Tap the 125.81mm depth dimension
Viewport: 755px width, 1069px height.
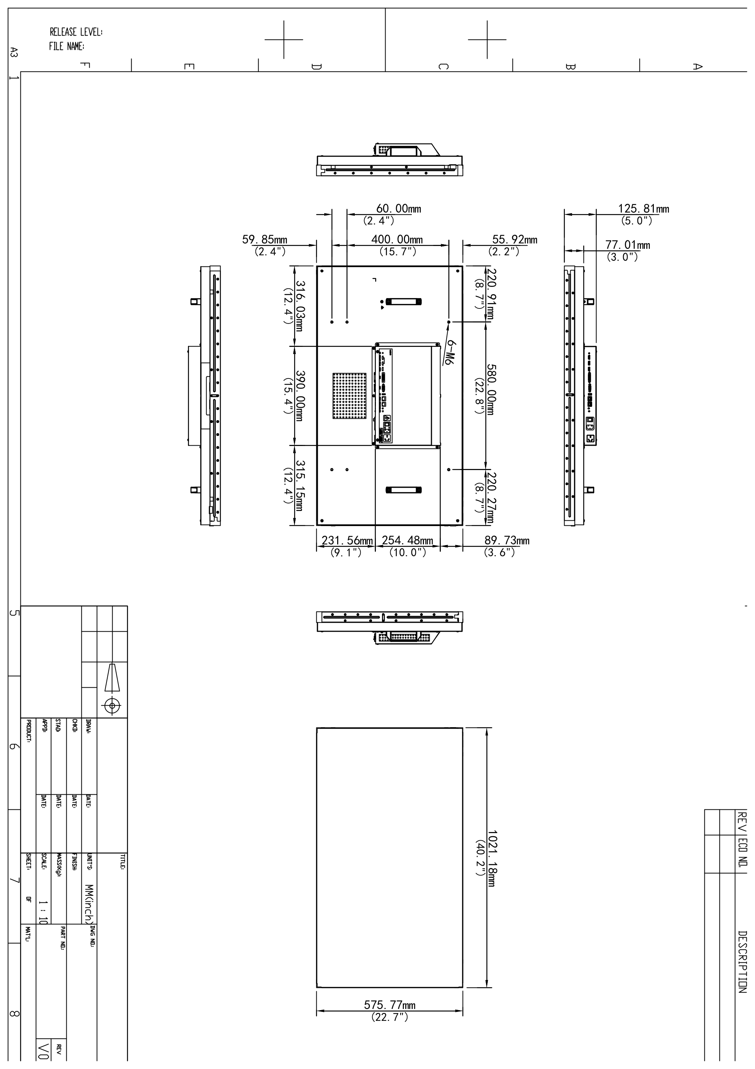(x=643, y=209)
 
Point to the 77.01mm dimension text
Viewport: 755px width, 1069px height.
(x=628, y=245)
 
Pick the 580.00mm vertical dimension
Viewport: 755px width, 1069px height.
(x=492, y=389)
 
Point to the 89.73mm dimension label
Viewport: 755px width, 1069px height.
(x=506, y=540)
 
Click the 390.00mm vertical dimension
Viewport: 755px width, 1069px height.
(x=300, y=396)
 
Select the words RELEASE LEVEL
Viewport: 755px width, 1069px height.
(x=76, y=32)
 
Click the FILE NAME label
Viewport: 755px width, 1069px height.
(x=66, y=47)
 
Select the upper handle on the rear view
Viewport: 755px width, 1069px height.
(x=403, y=302)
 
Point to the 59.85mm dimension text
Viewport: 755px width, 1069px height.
(x=265, y=240)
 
